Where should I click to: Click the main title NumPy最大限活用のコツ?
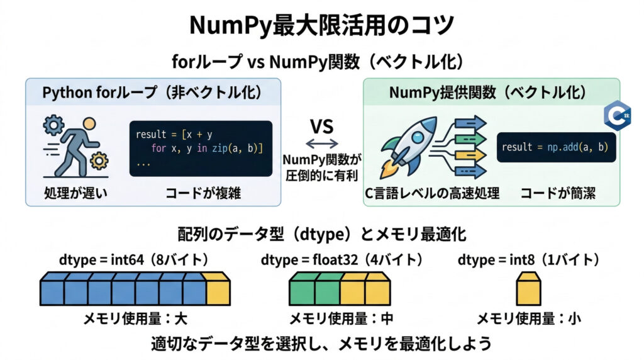[x=321, y=26]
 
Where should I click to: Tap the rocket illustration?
[x=408, y=146]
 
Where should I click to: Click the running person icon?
[x=71, y=148]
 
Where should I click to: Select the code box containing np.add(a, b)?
[x=555, y=147]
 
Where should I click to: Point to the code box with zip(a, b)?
[x=201, y=148]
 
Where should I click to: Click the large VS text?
[x=321, y=125]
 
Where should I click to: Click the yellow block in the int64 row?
[x=218, y=291]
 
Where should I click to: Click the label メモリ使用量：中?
[x=341, y=318]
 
